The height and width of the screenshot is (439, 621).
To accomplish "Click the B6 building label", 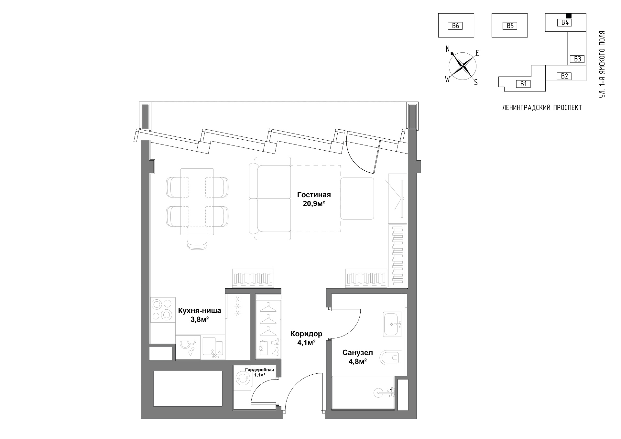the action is click(455, 26).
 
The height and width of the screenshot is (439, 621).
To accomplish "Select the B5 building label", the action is click(510, 26).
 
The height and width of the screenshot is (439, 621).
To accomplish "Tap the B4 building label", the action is click(565, 22).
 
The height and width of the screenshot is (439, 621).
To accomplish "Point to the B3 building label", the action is click(578, 59).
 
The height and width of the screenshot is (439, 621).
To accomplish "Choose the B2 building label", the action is click(564, 76).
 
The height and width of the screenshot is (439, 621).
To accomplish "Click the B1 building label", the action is click(523, 84).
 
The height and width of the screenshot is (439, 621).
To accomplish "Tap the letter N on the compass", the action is click(448, 49).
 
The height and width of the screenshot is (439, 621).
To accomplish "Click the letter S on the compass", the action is click(476, 82).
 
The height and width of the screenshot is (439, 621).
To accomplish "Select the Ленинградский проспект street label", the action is click(542, 108).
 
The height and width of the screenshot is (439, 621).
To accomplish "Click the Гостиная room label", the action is click(314, 195).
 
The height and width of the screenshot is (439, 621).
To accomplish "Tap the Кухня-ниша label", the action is click(200, 311).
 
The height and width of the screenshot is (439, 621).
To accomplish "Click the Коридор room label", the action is click(306, 334).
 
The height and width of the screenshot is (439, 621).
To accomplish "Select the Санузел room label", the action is click(357, 353).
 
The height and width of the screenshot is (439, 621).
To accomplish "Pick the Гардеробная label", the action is click(259, 370).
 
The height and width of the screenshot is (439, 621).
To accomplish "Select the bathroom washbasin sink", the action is click(392, 324).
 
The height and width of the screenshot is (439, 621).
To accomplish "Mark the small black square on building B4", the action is click(569, 16).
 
